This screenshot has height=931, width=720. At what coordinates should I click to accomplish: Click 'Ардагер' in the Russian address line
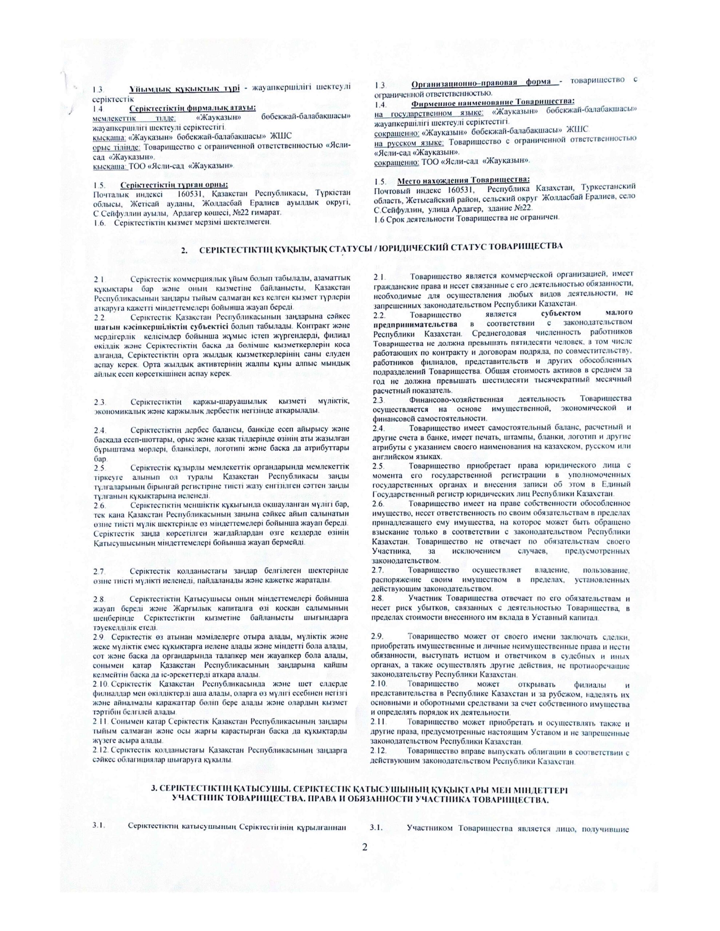tap(470, 208)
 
